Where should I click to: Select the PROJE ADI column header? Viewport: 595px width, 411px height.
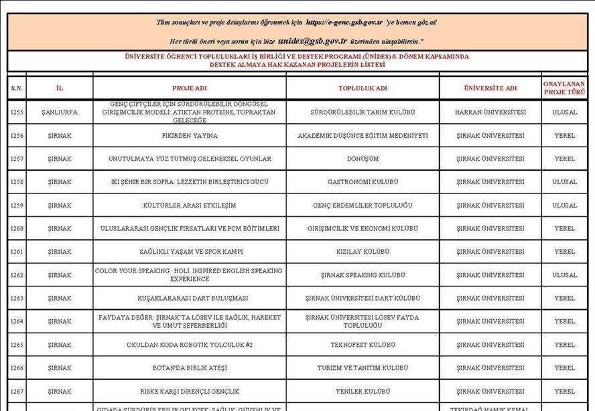(x=190, y=88)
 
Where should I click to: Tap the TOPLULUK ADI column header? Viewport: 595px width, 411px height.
(x=362, y=88)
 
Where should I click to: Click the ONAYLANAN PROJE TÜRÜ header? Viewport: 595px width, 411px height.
(x=564, y=88)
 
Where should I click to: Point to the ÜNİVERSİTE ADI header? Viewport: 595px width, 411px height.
(x=490, y=88)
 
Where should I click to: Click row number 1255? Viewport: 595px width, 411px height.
(x=17, y=112)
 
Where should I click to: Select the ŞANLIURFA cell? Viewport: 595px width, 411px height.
(x=59, y=112)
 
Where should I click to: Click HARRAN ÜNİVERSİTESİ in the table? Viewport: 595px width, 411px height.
(x=490, y=112)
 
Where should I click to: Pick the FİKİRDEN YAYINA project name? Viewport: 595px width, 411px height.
(x=190, y=136)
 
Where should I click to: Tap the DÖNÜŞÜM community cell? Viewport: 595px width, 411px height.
(x=362, y=159)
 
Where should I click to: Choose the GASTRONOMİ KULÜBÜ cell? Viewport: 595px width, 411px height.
(x=362, y=182)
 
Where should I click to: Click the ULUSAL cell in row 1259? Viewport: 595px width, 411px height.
(x=564, y=205)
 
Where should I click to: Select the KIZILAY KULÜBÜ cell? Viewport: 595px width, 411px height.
(x=362, y=252)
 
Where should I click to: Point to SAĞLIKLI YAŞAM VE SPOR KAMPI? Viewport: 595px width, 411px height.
(x=190, y=252)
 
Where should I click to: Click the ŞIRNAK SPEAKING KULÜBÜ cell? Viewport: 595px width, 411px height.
(x=362, y=275)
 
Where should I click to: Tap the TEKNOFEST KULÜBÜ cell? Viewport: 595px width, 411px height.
(x=362, y=345)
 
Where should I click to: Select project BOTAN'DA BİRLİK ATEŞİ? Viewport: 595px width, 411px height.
(x=190, y=367)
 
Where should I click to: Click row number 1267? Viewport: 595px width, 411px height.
(x=17, y=391)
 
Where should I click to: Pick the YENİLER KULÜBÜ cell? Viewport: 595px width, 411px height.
(x=362, y=391)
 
